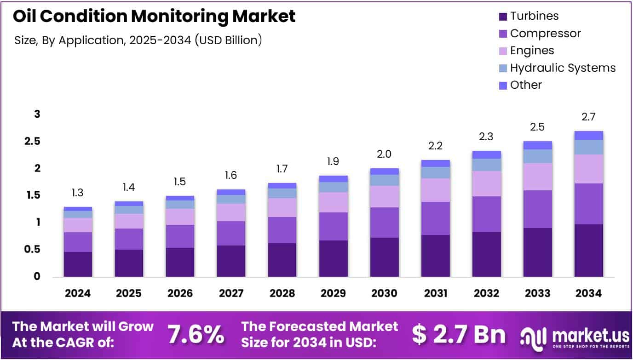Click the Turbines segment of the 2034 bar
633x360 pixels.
pos(588,251)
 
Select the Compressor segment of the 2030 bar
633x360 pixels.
pos(384,223)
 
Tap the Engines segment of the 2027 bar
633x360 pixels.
pos(231,212)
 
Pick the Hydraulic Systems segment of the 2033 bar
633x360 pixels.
pos(537,156)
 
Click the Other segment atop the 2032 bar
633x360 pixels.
pos(486,154)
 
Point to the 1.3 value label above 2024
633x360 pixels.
pos(78,193)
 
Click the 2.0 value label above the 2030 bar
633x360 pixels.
pos(384,154)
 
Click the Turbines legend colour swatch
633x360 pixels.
pos(503,17)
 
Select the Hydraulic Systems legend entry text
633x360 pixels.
pos(563,68)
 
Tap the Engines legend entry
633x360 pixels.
pos(532,51)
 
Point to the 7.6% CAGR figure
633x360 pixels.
pos(196,334)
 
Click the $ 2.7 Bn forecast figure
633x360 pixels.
pos(459,335)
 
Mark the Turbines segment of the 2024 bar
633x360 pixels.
pos(78,264)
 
